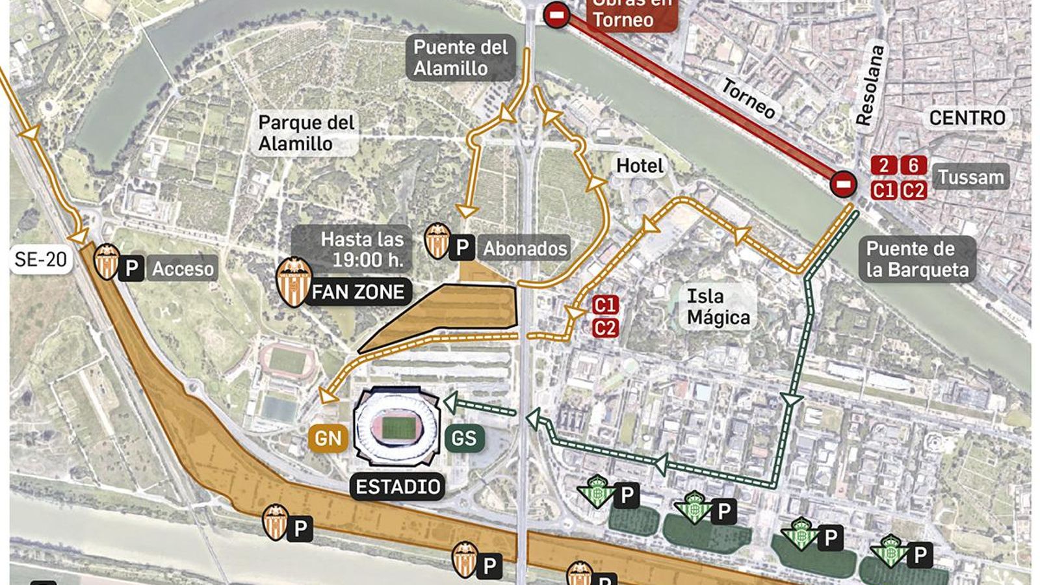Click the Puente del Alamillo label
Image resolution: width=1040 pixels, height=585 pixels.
pos(460,57)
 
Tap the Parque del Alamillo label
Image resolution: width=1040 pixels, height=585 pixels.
pos(306,133)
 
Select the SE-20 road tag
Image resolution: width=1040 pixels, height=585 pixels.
pos(40,259)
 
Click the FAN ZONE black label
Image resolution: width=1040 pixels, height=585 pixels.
pos(358,292)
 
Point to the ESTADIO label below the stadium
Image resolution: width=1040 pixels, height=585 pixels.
pos(398,487)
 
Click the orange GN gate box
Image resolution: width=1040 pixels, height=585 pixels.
pos(328,438)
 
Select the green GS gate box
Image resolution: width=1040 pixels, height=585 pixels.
pos(464,438)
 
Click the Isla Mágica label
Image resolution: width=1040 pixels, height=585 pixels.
pos(718,307)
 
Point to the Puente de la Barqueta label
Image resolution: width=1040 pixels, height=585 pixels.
pos(918,259)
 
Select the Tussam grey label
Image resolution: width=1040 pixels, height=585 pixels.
pos(971,177)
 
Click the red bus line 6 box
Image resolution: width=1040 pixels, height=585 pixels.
pos(913,165)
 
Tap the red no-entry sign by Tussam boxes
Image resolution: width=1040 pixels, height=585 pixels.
pos(844,185)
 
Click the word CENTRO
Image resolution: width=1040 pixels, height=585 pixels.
pos(967,118)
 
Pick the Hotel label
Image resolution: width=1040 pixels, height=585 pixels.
pos(640,166)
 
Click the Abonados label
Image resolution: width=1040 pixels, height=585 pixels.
pos(525,248)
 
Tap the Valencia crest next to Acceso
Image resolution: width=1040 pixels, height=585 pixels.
pos(107,261)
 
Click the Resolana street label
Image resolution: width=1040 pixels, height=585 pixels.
pos(870,86)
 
